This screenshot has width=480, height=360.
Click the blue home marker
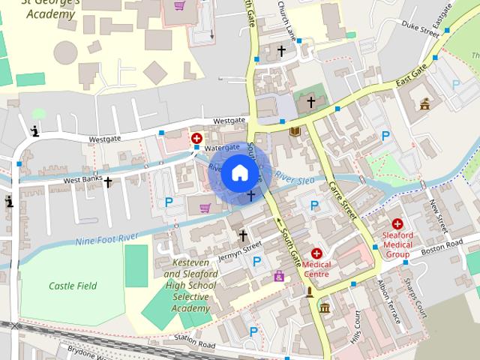(x=239, y=173)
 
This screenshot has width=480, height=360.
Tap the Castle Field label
(x=73, y=286)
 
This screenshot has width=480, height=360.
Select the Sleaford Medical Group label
(x=397, y=244)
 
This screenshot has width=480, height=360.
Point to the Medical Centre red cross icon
(x=316, y=253)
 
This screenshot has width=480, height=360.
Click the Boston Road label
(x=441, y=247)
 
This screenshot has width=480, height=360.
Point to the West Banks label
(x=82, y=181)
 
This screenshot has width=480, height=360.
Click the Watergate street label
(x=222, y=148)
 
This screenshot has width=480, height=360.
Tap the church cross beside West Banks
(x=107, y=181)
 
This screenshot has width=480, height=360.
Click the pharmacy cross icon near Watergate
(x=196, y=138)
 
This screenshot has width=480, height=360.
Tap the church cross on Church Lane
(x=281, y=51)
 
